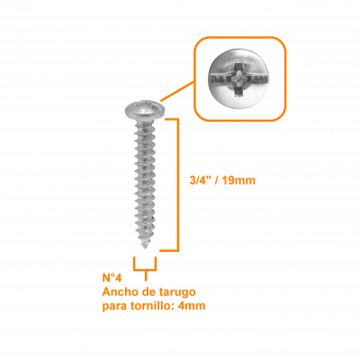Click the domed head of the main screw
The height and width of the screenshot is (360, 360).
click(145, 110)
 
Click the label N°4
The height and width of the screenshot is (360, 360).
click(112, 278)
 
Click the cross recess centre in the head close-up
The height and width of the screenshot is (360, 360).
click(239, 79)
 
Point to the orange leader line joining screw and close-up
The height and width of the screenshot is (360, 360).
click(177, 91)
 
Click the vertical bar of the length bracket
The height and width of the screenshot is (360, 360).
click(177, 184)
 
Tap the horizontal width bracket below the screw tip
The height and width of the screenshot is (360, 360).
click(145, 270)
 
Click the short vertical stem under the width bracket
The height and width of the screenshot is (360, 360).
click(146, 275)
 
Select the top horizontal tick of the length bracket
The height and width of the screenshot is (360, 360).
click(172, 120)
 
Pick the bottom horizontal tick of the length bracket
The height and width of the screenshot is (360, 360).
click(169, 250)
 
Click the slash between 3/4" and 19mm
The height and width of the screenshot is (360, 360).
click(216, 180)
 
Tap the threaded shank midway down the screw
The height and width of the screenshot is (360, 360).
click(145, 182)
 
